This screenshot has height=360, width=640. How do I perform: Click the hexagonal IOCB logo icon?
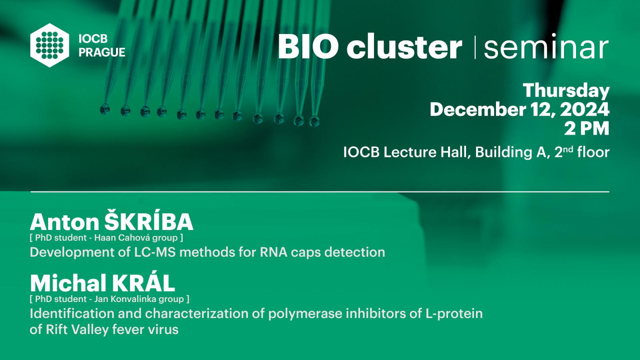point(50,45)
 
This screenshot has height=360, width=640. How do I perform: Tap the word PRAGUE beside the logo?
point(102,52)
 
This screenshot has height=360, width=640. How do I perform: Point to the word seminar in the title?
point(546,46)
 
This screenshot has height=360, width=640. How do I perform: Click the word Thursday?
point(566,91)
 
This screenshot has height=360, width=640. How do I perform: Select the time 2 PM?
point(586,129)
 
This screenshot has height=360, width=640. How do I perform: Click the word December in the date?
point(478,110)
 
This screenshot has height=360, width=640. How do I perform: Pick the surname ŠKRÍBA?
point(149,222)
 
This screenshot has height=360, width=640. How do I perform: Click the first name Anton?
point(64,222)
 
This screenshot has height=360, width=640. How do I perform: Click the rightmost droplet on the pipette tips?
point(314,121)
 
